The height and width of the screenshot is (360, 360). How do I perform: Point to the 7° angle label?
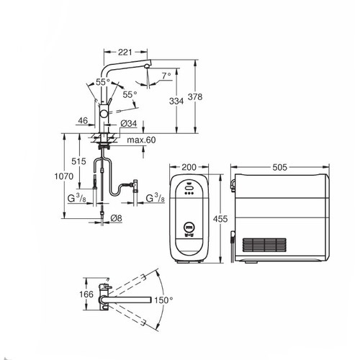coord(167,75)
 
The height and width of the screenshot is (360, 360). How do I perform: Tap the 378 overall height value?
coord(206,100)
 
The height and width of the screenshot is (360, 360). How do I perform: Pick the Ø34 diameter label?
coord(130,124)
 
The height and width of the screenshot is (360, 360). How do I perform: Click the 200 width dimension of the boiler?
coord(189,168)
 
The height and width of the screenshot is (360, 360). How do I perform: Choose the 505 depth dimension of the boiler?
coord(280,168)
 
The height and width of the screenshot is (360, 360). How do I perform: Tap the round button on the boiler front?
coord(188,225)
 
